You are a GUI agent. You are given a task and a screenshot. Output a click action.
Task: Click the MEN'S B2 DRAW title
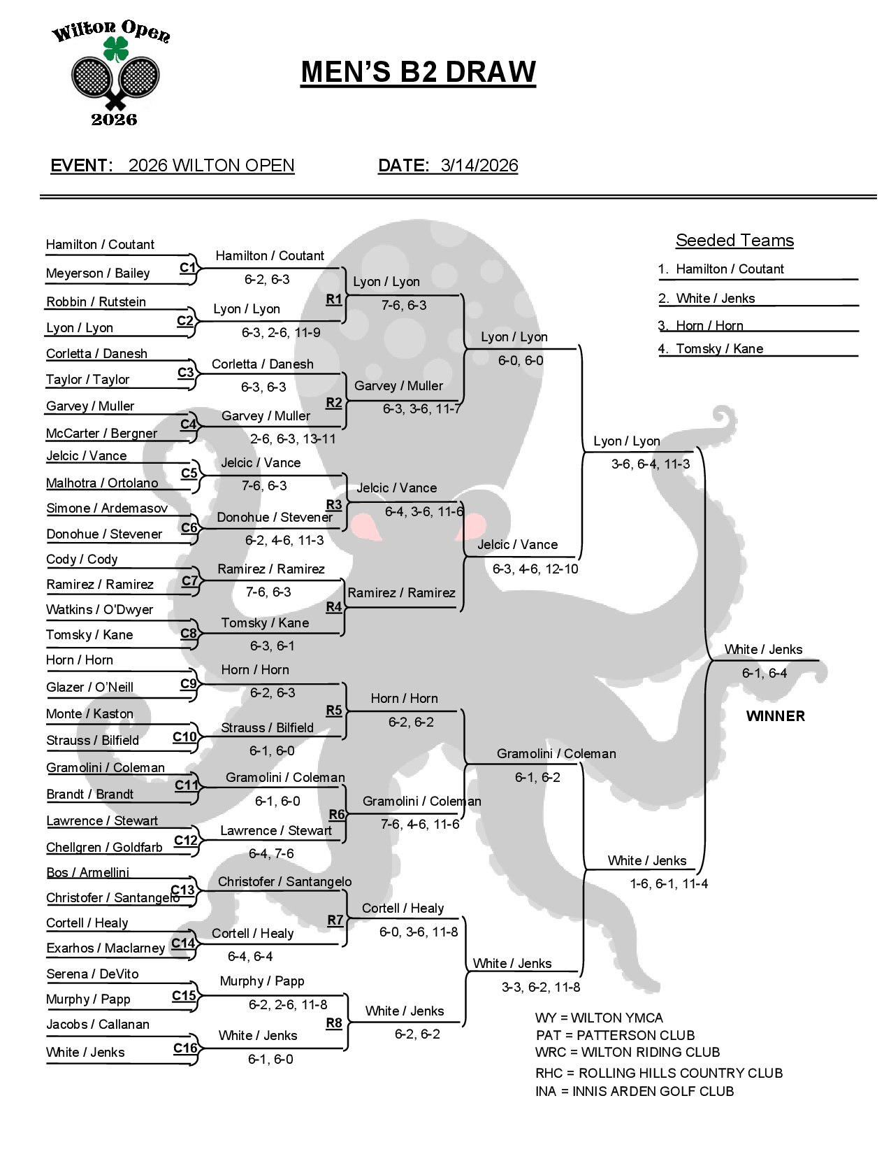point(418,72)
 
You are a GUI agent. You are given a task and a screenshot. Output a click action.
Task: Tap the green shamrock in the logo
point(116,49)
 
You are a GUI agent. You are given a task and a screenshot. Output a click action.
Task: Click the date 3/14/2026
point(479,166)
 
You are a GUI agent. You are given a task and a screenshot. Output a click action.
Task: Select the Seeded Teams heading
point(734,241)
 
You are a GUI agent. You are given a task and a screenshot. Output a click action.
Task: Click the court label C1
point(187,268)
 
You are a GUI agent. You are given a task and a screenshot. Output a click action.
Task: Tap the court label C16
point(185,1048)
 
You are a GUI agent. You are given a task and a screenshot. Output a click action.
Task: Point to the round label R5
point(334,711)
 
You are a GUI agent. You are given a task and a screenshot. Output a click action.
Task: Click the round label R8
point(334,1023)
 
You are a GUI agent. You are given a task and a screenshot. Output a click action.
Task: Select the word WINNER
point(775,716)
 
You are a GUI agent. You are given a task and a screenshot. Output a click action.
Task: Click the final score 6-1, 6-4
point(764,674)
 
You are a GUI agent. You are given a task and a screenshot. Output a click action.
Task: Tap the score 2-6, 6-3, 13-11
point(293,439)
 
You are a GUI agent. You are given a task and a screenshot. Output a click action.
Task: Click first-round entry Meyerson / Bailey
point(98,273)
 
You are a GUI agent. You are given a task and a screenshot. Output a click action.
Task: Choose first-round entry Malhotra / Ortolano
point(102,483)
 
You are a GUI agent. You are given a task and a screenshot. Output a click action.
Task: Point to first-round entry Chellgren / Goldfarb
point(104,848)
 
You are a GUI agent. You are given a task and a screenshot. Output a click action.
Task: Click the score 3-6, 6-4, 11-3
point(650,464)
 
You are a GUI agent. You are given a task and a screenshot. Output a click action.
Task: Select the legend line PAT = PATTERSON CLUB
point(615,1036)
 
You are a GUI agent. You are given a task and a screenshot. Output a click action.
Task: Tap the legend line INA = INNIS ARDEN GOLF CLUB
point(635,1092)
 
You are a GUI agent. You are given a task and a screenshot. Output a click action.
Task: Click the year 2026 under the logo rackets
point(114,120)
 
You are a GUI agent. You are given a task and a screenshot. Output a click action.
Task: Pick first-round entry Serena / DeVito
point(92,974)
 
